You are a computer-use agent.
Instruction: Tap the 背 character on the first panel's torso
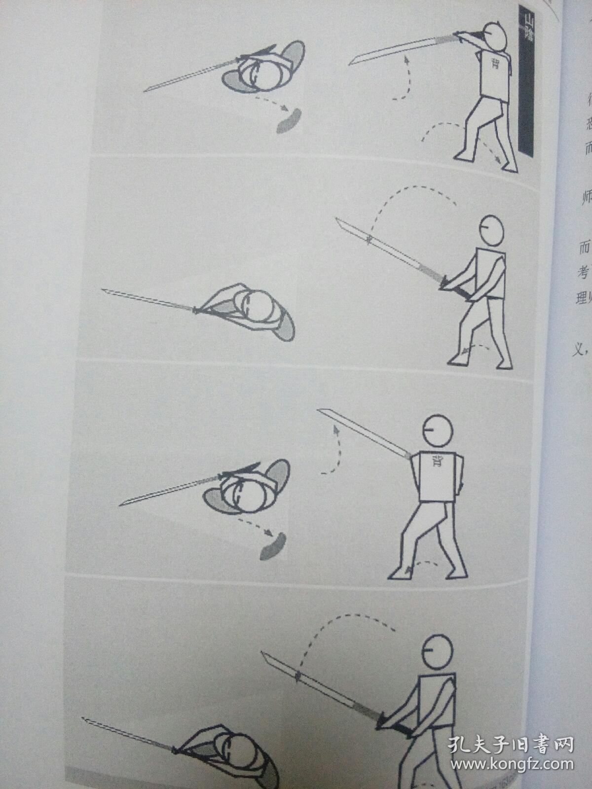click(x=494, y=63)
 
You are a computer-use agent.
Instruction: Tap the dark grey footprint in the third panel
click(x=273, y=545)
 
